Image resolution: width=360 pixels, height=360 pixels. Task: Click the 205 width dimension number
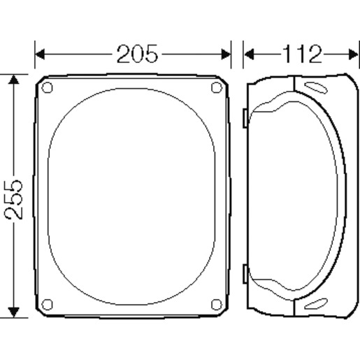click(x=137, y=54)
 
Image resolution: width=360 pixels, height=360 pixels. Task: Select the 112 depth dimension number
click(x=302, y=54)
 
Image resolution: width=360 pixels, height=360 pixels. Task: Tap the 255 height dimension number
click(x=14, y=199)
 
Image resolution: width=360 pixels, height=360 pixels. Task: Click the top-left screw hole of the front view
click(x=47, y=87)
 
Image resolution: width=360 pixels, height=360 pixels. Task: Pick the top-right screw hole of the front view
click(x=217, y=87)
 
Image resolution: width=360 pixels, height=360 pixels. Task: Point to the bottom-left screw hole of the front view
click(x=47, y=304)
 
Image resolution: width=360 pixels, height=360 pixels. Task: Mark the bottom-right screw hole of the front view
click(x=217, y=304)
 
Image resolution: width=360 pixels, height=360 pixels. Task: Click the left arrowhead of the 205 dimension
click(x=40, y=55)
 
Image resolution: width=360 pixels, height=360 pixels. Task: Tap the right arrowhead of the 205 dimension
click(x=226, y=55)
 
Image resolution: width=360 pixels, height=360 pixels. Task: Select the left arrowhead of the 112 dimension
click(x=249, y=55)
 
